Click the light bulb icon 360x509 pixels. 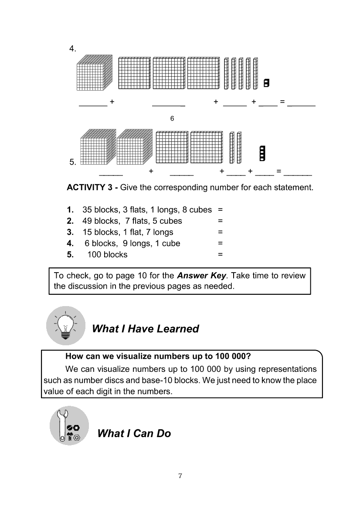(65, 325)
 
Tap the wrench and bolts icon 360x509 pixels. (69, 426)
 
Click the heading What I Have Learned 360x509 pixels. (146, 329)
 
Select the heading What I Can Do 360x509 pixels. (134, 433)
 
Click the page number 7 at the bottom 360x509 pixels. (180, 475)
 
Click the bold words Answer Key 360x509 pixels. (202, 276)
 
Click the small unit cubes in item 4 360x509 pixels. (266, 82)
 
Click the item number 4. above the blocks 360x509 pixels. (73, 48)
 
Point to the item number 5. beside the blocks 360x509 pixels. (73, 162)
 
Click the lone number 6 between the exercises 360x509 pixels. (172, 118)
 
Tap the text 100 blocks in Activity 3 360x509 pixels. (107, 255)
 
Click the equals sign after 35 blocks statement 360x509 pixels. (220, 210)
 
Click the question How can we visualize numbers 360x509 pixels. (158, 356)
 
